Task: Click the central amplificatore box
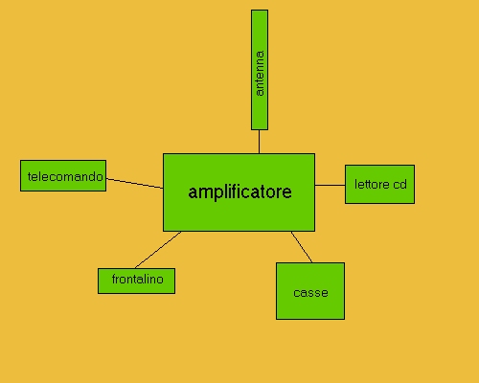click(x=239, y=192)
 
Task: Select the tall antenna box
click(x=260, y=70)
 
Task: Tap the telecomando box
click(x=63, y=176)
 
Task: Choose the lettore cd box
click(x=379, y=184)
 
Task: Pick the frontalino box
click(x=136, y=281)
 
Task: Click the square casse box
click(x=310, y=291)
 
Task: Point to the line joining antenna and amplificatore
click(x=259, y=142)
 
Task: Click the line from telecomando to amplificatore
click(x=135, y=184)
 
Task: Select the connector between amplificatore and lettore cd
click(x=330, y=185)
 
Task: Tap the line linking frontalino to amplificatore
click(x=158, y=250)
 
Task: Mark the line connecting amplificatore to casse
click(x=302, y=247)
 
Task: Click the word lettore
click(x=372, y=185)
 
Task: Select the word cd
click(x=399, y=185)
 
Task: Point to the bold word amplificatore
click(x=239, y=192)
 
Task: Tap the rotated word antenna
click(x=260, y=73)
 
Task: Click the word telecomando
click(x=65, y=176)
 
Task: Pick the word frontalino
click(x=138, y=280)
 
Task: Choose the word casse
click(x=310, y=293)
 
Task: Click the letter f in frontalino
click(x=114, y=279)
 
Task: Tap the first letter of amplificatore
click(x=193, y=192)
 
